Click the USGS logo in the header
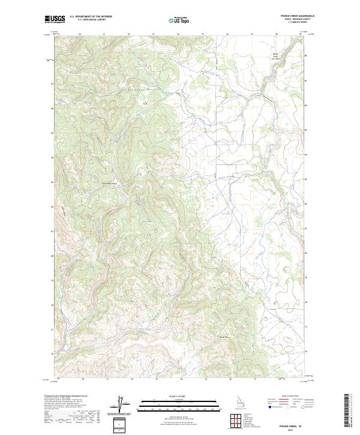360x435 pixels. point(55,19)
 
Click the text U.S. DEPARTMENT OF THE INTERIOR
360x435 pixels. point(91,17)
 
